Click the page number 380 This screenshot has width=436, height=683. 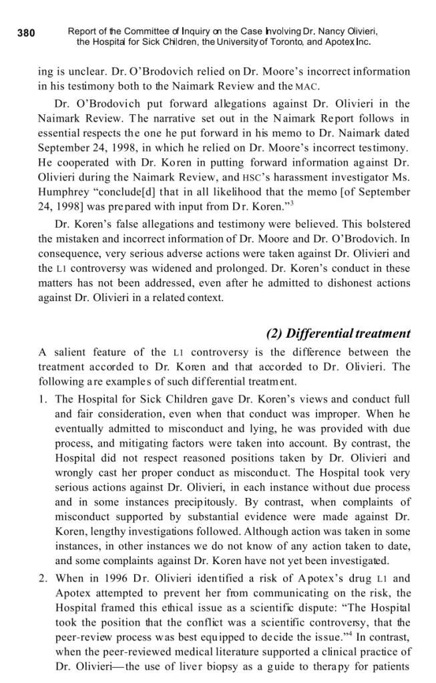click(25, 32)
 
